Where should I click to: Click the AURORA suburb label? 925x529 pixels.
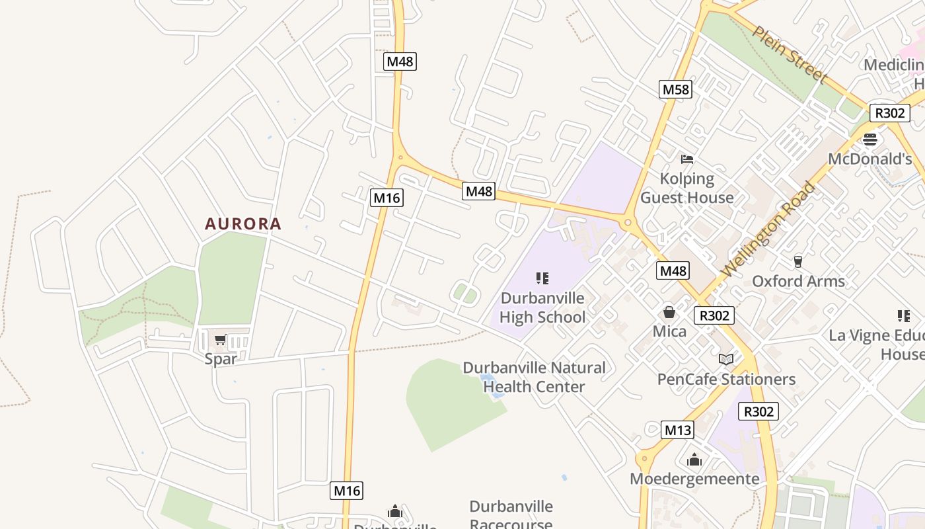click(x=243, y=224)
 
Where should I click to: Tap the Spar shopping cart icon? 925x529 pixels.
click(x=220, y=340)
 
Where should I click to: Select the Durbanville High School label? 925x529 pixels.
click(x=542, y=307)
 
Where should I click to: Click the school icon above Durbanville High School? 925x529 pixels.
click(x=542, y=278)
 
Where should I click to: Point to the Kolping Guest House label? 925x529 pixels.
click(x=687, y=188)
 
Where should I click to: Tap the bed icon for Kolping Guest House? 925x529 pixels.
click(x=687, y=159)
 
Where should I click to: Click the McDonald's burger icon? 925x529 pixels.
click(x=870, y=140)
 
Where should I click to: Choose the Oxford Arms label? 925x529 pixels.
click(x=798, y=281)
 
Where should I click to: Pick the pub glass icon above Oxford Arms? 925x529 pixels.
click(x=797, y=261)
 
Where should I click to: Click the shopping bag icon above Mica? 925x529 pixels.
click(x=669, y=312)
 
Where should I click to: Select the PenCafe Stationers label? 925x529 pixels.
click(x=726, y=379)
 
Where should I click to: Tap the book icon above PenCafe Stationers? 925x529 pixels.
click(x=726, y=359)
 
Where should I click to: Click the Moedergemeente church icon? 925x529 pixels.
click(x=694, y=460)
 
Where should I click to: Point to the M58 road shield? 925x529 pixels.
click(x=675, y=89)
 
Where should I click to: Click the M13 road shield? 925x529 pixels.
click(x=677, y=430)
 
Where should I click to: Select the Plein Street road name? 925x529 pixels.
click(x=790, y=55)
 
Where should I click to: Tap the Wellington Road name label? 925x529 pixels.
click(x=768, y=230)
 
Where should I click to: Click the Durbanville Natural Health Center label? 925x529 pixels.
click(x=534, y=377)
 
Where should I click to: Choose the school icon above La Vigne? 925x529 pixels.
click(x=903, y=316)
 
